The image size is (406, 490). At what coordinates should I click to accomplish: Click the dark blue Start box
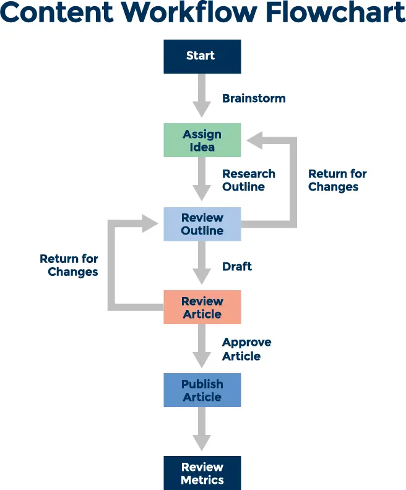tap(202, 56)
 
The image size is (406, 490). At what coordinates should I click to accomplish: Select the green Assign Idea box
tap(202, 140)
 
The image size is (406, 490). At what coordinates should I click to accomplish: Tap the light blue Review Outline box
tap(202, 224)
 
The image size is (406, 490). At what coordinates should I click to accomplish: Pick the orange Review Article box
tap(202, 307)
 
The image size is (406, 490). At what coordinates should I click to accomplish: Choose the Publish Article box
tap(202, 390)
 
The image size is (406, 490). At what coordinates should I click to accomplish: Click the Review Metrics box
tap(202, 473)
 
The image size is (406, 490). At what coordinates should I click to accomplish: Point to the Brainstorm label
tap(254, 98)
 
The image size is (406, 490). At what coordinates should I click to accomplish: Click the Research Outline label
tap(249, 180)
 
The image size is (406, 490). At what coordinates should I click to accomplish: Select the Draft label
tap(237, 267)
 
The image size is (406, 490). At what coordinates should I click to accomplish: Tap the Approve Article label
tap(246, 349)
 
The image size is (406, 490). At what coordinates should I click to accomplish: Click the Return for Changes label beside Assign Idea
tap(337, 180)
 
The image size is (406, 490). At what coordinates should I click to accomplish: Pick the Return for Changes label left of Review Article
tap(69, 265)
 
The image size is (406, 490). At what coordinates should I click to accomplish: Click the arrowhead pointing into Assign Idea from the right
tap(255, 140)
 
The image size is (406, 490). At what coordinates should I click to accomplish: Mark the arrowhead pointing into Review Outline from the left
tap(150, 223)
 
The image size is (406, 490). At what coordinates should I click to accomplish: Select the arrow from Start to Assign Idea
tap(202, 96)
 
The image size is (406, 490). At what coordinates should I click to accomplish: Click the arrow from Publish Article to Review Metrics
tap(202, 429)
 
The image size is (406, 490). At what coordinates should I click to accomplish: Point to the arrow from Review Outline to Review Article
tap(202, 264)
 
